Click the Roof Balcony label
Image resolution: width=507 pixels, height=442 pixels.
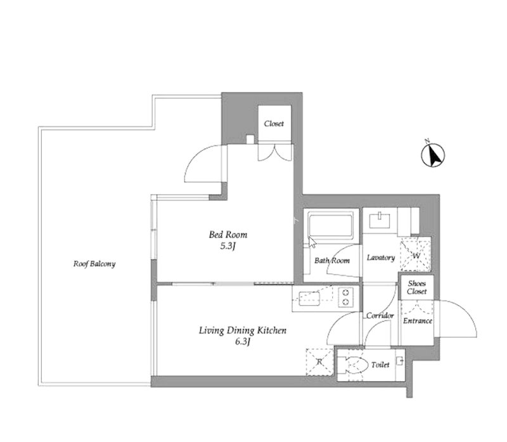pos(94,264)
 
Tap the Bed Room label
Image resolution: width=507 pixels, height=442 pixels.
pos(228,235)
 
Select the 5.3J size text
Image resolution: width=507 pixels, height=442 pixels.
pos(228,246)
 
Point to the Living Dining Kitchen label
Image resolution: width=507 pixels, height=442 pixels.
pos(243,330)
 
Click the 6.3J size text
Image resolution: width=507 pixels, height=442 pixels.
pos(243,342)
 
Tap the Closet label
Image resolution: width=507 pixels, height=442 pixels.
pos(274,124)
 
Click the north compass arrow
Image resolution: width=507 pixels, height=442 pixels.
pos(433,155)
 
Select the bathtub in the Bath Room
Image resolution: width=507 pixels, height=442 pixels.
pos(330,225)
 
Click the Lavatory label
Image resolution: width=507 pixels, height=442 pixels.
pos(381,257)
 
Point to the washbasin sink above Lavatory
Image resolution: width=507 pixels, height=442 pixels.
pos(380,220)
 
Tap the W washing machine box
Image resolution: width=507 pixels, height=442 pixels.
pos(416,254)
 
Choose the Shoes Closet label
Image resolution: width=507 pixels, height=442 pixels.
pos(417,287)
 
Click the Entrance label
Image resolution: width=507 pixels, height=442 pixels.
pos(418,321)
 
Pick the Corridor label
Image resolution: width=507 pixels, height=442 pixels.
pos(380,315)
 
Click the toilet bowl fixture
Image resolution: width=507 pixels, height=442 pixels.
pos(353,365)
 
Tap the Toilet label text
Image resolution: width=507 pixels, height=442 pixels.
pos(380,365)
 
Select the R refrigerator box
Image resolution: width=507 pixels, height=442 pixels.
pos(319,361)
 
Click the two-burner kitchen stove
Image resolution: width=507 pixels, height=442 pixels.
pos(345,297)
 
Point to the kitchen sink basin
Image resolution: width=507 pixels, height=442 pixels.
pos(309,299)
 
